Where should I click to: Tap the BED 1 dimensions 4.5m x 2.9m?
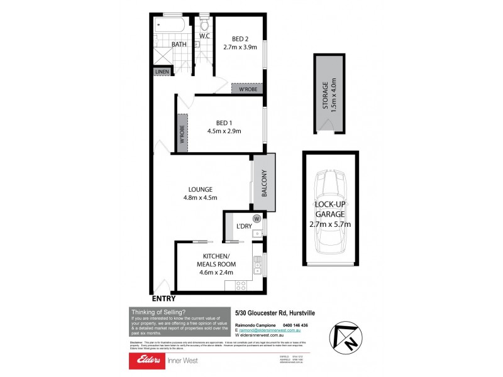224,131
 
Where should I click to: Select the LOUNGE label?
200,189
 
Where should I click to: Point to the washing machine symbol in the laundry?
257,219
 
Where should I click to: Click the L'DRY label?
244,226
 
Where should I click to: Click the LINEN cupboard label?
162,72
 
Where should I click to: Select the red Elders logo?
146,361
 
